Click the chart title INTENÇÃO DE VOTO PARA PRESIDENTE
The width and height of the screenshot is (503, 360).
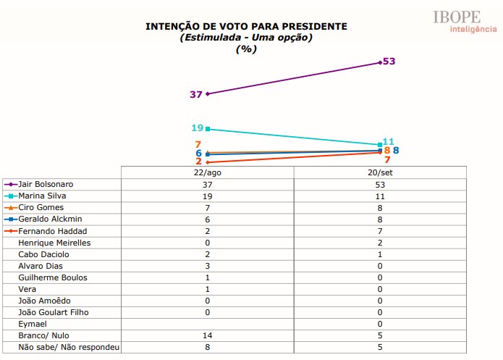[x=247, y=26]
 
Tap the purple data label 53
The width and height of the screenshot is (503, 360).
[x=389, y=62]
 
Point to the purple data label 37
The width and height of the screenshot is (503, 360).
[x=195, y=94]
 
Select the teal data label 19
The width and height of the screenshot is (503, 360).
[x=197, y=128]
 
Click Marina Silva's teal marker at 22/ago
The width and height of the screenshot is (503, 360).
[x=208, y=129]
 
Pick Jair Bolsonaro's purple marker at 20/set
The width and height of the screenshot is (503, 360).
[x=380, y=63]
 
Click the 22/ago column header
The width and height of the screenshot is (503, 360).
[x=208, y=172]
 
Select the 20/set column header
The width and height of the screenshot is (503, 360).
[x=380, y=172]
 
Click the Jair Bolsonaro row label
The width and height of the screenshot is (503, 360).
[x=46, y=184]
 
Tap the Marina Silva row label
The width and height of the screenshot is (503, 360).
[x=43, y=196]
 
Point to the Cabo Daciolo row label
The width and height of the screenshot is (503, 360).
[x=44, y=254]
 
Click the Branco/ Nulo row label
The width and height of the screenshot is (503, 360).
[x=45, y=335]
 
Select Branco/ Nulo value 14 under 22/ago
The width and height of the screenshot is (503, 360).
[x=208, y=335]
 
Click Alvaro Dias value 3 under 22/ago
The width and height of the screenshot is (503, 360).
[x=208, y=266]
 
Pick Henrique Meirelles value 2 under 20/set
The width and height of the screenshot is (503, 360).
[x=380, y=243]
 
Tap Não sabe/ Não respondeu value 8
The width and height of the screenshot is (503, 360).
[x=208, y=347]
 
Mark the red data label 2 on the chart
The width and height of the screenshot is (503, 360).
[x=198, y=162]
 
